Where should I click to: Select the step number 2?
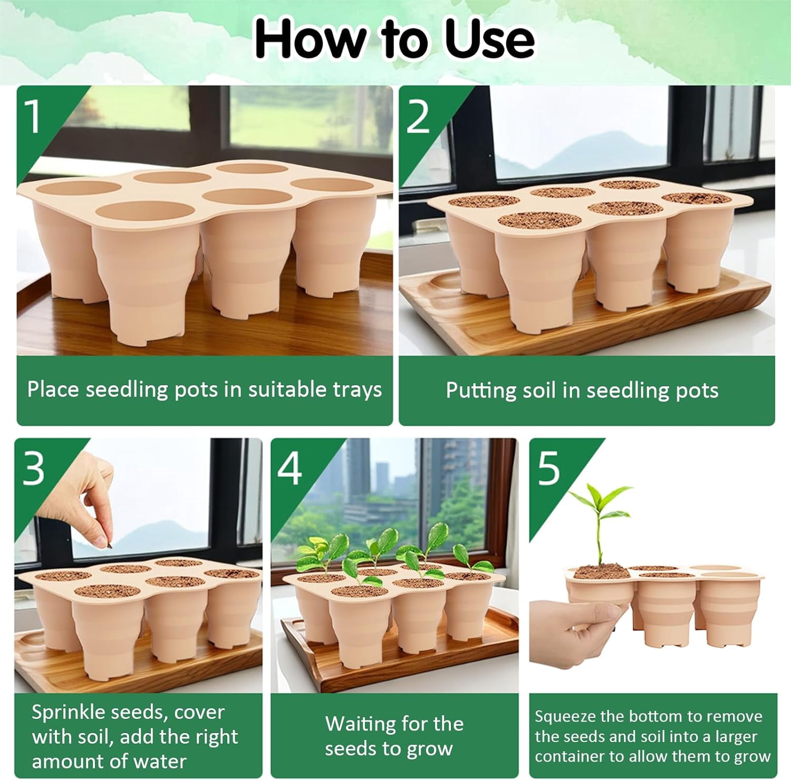pyautogui.click(x=418, y=117)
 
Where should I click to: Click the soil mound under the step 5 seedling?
pyautogui.click(x=599, y=572)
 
